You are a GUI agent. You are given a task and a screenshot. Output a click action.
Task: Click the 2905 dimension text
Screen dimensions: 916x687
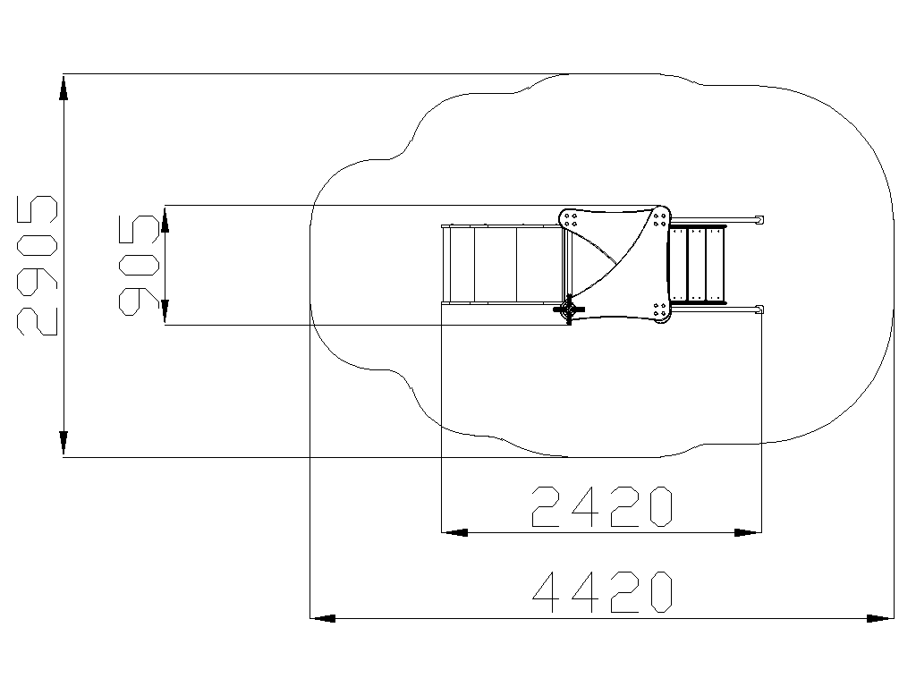coord(38,266)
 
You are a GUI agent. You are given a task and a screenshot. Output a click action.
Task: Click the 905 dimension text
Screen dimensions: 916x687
coord(139,266)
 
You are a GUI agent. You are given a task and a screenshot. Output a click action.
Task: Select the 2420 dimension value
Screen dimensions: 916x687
coord(602,506)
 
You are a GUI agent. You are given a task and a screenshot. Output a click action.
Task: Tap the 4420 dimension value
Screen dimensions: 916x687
coord(602,592)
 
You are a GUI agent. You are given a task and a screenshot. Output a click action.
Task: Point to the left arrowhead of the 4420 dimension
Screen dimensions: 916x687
coord(322,618)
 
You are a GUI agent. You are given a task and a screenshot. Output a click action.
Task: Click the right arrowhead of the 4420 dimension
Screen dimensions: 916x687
coord(880,618)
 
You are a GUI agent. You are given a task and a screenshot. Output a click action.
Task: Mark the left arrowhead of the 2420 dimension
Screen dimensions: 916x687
coord(454,533)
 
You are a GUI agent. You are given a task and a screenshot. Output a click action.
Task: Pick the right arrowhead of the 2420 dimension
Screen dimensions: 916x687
coord(749,533)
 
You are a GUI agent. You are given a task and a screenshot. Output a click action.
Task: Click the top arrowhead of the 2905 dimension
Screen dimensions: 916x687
coord(64,87)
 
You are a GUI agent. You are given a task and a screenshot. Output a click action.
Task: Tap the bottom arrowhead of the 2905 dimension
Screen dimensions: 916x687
coord(64,444)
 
